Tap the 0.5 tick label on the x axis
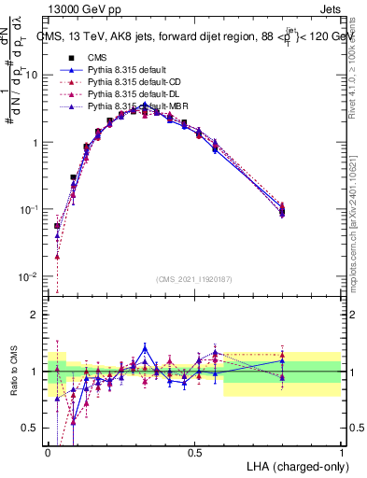point(195,452)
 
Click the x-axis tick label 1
point(342,452)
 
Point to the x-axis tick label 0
point(49,452)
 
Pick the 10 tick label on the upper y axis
point(33,76)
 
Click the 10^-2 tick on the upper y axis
point(31,277)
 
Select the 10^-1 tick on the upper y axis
point(31,210)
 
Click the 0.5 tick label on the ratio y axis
point(33,429)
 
